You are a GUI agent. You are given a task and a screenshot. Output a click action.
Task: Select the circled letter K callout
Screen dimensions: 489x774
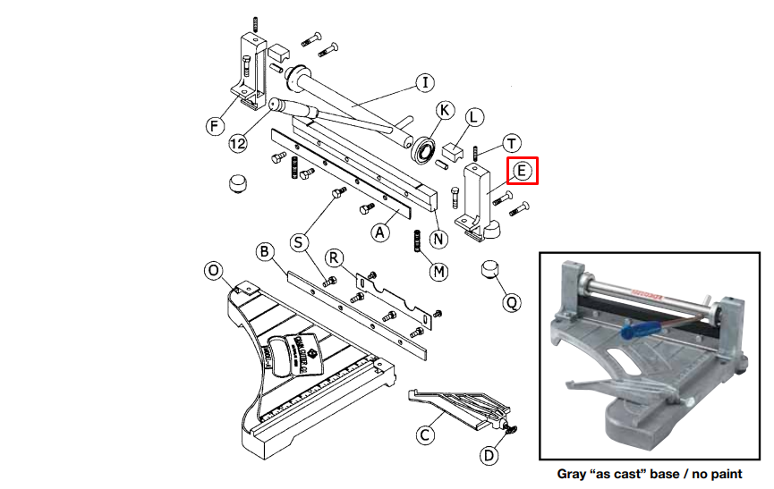pyautogui.click(x=445, y=110)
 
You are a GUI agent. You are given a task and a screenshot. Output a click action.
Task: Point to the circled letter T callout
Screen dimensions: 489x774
pyautogui.click(x=511, y=143)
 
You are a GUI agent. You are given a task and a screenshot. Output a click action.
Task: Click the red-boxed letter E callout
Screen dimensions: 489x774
pyautogui.click(x=523, y=169)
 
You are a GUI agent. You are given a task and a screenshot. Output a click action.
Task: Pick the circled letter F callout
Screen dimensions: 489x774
pyautogui.click(x=215, y=125)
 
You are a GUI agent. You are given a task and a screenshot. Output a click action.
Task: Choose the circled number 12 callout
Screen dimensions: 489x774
pyautogui.click(x=238, y=142)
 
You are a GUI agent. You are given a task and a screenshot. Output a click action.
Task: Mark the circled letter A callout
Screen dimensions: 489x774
pyautogui.click(x=382, y=231)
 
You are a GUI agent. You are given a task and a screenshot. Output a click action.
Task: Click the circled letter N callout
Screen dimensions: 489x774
pyautogui.click(x=438, y=239)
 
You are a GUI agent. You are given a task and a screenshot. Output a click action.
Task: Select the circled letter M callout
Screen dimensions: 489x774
pyautogui.click(x=438, y=271)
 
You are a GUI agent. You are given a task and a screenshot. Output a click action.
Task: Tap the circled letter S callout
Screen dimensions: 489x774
pyautogui.click(x=300, y=241)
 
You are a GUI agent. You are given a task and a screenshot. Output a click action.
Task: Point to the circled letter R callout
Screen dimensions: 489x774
pyautogui.click(x=334, y=258)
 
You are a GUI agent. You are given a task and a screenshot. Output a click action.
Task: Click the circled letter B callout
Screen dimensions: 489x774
pyautogui.click(x=264, y=251)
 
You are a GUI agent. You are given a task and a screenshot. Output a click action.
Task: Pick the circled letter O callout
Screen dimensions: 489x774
pyautogui.click(x=212, y=270)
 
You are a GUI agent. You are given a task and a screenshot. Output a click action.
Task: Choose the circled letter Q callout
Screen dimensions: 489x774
pyautogui.click(x=512, y=303)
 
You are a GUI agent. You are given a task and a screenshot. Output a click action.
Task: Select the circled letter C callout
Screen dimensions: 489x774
pyautogui.click(x=425, y=435)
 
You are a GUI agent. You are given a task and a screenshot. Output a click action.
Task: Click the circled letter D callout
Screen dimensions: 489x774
pyautogui.click(x=489, y=456)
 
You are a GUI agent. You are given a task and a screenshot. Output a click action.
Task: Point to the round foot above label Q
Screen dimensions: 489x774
pyautogui.click(x=491, y=268)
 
